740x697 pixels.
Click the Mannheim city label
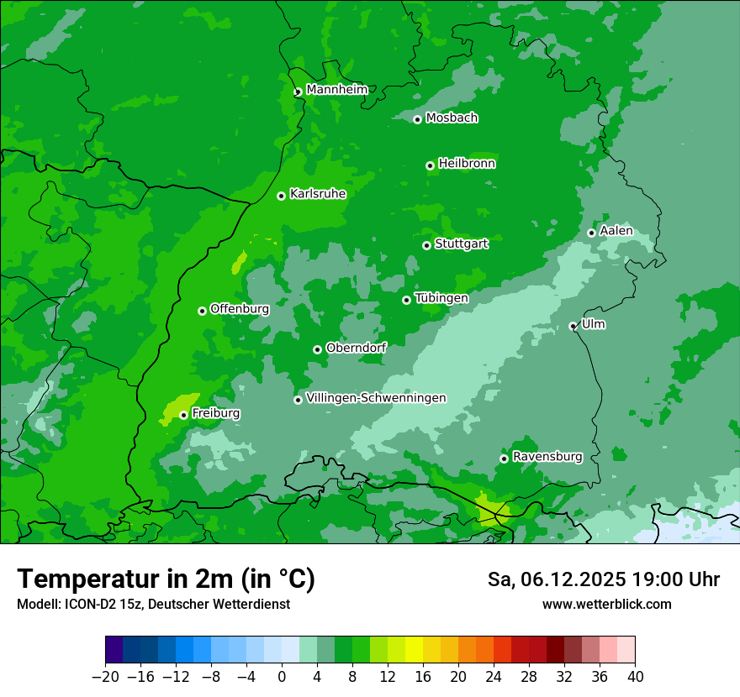336,90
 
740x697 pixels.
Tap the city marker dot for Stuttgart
427,245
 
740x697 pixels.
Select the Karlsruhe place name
317,194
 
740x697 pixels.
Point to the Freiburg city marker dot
183,415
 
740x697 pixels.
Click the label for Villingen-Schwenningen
376,398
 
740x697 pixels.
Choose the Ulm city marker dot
573,326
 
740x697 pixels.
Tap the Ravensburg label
547,457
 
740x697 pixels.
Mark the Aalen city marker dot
592,233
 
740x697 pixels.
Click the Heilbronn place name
466,164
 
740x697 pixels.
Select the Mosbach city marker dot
417,119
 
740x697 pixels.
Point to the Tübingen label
441,298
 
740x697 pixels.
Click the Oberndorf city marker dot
317,349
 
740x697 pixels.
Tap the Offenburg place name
239,309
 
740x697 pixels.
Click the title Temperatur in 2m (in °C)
166,579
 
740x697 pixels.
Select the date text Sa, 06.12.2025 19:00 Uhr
603,579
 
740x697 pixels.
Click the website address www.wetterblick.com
606,605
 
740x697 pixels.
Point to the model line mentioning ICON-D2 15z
153,605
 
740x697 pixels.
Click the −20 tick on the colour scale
105,677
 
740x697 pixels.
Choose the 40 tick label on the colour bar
635,677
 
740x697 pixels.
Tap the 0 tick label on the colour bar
282,677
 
